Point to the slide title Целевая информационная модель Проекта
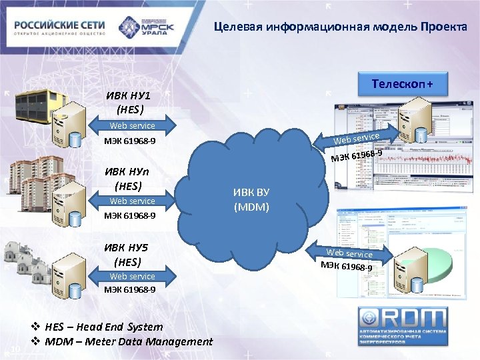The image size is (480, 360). (340, 27)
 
